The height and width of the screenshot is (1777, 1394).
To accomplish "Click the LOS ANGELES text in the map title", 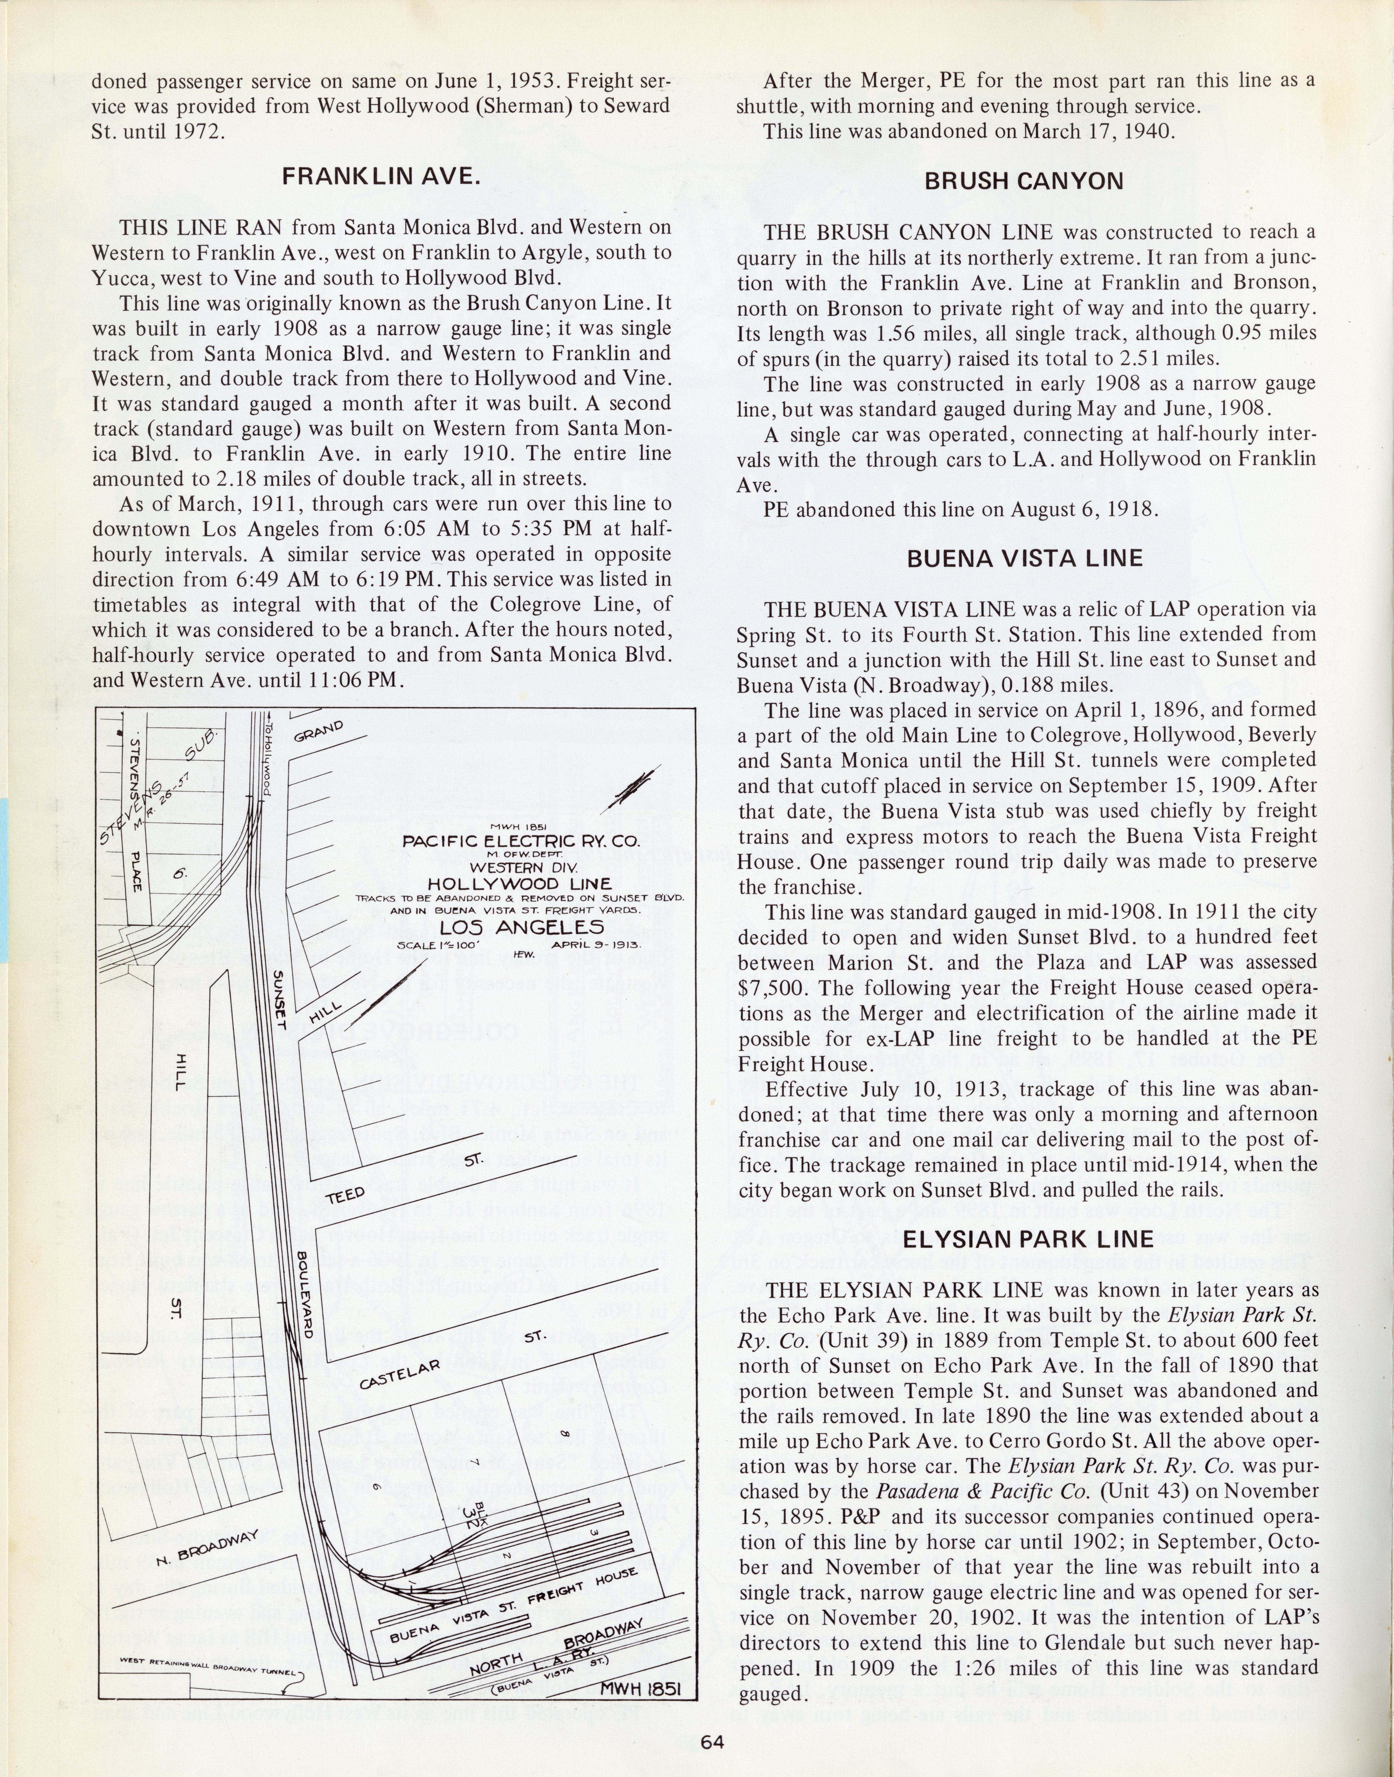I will coord(521,927).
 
